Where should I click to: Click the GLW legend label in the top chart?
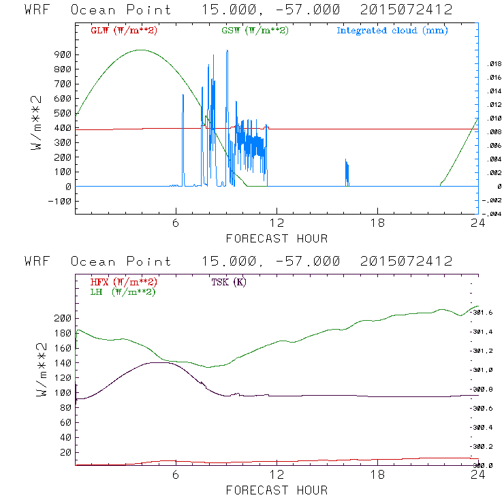124,31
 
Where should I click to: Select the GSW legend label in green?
254,31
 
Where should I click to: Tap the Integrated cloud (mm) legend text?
392,31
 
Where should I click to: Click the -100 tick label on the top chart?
60,201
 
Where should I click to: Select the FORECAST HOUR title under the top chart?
277,238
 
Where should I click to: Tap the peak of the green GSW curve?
141,50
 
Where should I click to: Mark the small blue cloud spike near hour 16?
347,171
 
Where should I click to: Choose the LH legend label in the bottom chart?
123,292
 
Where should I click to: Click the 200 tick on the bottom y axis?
63,318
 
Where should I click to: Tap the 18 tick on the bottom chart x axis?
377,476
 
